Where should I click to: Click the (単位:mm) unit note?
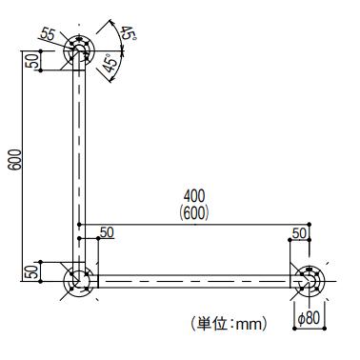(229, 324)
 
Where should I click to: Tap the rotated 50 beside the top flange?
(31, 61)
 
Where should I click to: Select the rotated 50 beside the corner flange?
(31, 271)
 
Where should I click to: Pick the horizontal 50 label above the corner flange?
(106, 232)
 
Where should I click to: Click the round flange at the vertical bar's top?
(79, 50)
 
